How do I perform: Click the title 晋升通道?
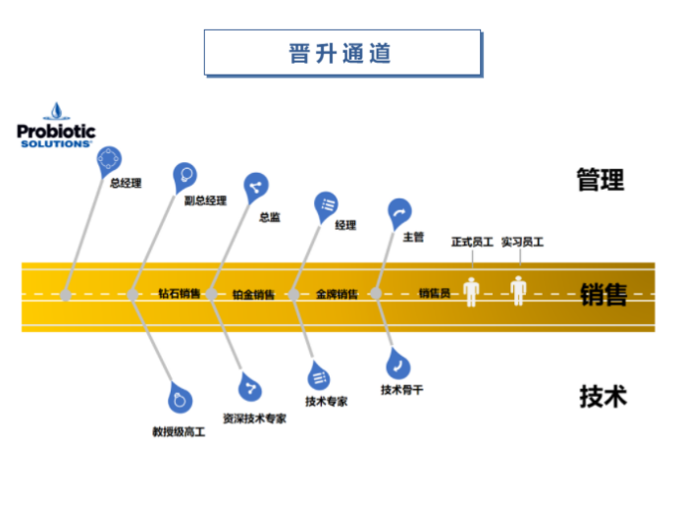point(341,53)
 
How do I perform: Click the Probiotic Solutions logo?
point(56,127)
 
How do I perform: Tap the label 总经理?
point(125,182)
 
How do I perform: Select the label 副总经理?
point(205,200)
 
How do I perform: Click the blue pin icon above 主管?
point(399,211)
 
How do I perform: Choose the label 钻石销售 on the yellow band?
point(180,293)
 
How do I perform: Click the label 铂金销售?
point(253,293)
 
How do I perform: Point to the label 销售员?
point(434,293)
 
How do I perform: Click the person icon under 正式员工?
point(472,291)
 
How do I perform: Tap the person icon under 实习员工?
point(519,291)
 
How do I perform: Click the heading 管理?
point(600,179)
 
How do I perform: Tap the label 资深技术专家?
point(254,418)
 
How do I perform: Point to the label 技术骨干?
point(401,389)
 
